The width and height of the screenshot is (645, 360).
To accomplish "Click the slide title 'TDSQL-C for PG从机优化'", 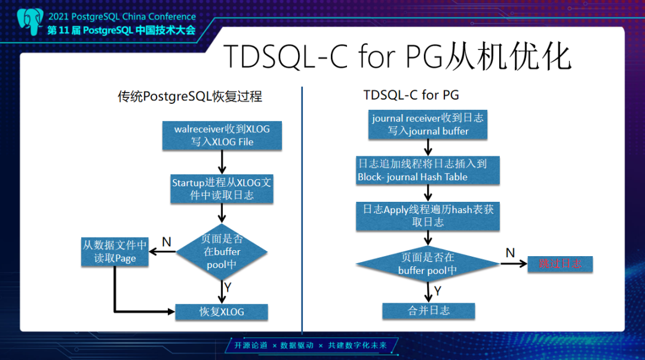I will click(397, 57).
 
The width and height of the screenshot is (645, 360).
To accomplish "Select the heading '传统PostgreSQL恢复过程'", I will click(190, 96).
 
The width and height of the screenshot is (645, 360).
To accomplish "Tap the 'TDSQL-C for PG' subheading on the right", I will click(411, 96).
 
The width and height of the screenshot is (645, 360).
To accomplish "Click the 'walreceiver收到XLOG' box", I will click(222, 135).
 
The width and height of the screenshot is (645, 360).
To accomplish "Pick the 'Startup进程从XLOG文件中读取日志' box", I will click(222, 189).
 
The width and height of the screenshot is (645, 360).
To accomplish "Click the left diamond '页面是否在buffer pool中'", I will click(222, 252).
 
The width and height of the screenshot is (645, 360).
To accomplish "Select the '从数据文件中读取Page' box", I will click(114, 251).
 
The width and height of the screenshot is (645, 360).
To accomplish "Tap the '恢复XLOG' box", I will click(222, 312).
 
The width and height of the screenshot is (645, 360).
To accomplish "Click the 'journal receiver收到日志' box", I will click(428, 124).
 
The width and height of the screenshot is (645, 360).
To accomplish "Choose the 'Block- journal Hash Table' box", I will click(428, 170).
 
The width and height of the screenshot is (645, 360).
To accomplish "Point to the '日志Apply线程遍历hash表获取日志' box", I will click(428, 216).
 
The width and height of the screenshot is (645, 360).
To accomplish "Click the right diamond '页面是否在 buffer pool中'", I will click(428, 264).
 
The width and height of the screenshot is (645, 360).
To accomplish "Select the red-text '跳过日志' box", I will click(560, 263).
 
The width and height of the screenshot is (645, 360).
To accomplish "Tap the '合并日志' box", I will click(429, 310).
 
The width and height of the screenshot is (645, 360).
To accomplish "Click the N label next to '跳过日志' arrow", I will click(510, 253).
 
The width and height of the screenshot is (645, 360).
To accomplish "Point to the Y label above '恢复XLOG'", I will click(228, 288).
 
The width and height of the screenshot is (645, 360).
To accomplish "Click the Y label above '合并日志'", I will click(437, 291).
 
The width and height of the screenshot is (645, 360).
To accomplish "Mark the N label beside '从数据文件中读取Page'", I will click(167, 242).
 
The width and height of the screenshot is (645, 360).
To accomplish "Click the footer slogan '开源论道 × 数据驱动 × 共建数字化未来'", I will click(310, 346).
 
